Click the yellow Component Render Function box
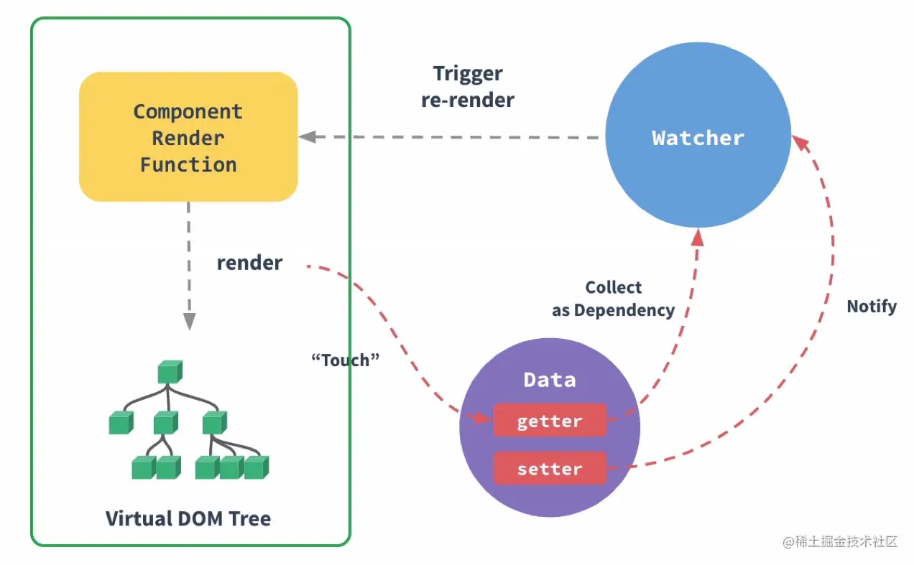coord(188,137)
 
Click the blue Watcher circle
coord(698,137)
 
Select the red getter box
coord(550,421)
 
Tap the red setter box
coord(550,469)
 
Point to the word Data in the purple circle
coord(550,380)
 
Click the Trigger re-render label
coord(468,86)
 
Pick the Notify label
coord(872,307)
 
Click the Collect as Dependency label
coord(613,299)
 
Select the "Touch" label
coord(345,360)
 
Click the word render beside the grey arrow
coord(249,263)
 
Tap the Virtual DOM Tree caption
coord(188,518)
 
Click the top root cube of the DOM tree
coord(170,372)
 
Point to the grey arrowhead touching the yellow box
coord(307,136)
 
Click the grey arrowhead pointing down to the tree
coord(188,322)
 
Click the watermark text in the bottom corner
coord(841,542)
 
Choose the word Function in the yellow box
coord(188,164)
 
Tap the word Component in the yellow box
coord(188,112)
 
